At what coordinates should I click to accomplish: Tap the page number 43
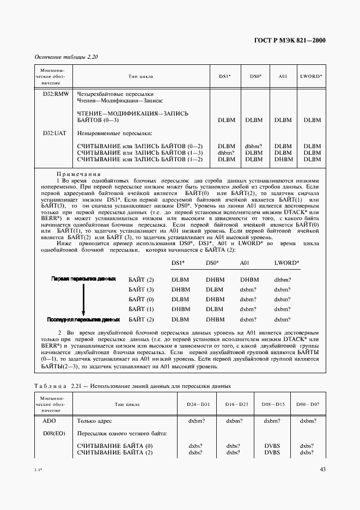[x=322, y=470]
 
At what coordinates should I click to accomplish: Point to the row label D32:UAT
[x=54, y=133]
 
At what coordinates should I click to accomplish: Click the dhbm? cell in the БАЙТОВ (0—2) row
[x=254, y=147]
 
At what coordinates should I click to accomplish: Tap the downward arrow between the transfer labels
[x=83, y=299]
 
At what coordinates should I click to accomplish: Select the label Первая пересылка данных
[x=83, y=278]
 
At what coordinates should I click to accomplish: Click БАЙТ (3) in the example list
[x=141, y=289]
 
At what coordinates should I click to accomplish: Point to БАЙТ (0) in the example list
[x=141, y=299]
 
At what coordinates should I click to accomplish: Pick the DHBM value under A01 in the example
[x=249, y=280]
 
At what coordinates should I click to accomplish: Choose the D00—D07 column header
[x=307, y=404]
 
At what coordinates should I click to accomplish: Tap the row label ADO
[x=50, y=421]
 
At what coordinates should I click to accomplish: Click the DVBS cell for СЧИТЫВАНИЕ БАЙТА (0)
[x=272, y=446]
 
